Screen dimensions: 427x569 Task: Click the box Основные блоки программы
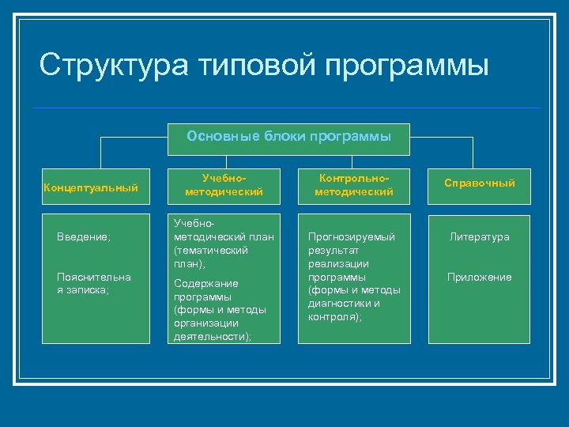[288, 136]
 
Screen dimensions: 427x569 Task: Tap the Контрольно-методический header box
[353, 187]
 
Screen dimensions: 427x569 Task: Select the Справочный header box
[479, 183]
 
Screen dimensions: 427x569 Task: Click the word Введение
[84, 236]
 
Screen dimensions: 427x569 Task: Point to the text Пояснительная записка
[94, 283]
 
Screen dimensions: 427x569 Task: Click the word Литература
[480, 236]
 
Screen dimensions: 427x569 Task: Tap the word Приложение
[479, 277]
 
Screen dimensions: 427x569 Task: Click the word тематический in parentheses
[212, 250]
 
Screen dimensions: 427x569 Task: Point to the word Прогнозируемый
[351, 236]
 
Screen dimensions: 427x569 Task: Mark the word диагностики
[344, 303]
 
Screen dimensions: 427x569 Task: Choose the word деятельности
[211, 336]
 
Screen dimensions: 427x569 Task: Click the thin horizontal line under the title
[288, 108]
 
